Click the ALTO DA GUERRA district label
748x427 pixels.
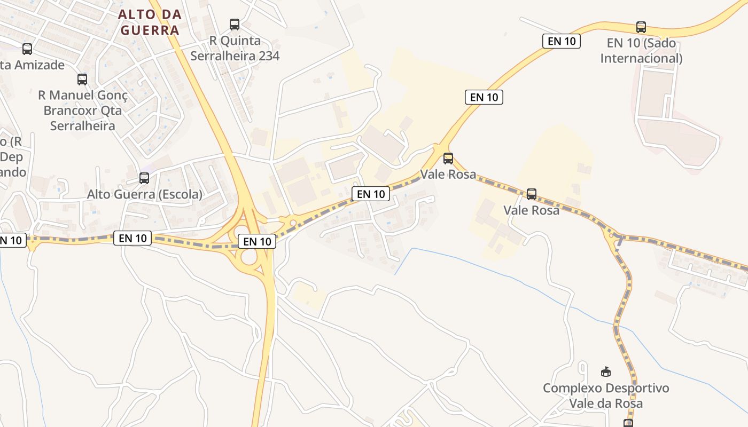(x=150, y=22)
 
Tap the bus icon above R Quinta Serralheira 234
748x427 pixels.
(x=235, y=24)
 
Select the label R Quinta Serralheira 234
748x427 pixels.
(x=235, y=48)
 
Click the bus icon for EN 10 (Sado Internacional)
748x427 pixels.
(x=641, y=27)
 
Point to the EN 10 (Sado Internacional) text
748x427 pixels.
(x=641, y=50)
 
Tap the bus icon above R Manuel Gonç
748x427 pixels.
(x=82, y=80)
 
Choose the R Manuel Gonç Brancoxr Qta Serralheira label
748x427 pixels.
(x=83, y=110)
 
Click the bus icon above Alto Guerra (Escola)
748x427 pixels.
(x=144, y=178)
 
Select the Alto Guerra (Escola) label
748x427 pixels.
(x=145, y=194)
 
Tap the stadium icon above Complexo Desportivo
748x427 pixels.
(x=606, y=371)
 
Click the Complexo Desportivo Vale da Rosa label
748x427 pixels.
(x=606, y=396)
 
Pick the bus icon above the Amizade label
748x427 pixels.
(x=27, y=49)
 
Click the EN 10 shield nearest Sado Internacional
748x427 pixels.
(x=561, y=41)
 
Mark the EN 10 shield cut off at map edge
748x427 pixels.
(x=12, y=240)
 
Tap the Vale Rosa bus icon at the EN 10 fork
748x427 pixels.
(x=448, y=158)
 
